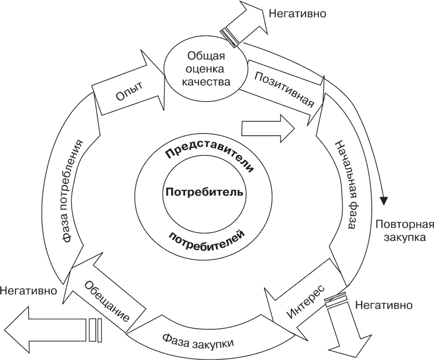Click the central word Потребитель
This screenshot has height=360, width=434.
pyautogui.click(x=205, y=192)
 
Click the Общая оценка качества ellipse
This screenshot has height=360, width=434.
pyautogui.click(x=205, y=69)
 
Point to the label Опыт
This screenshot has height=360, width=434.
pyautogui.click(x=129, y=92)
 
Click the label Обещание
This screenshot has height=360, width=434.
pyautogui.click(x=106, y=301)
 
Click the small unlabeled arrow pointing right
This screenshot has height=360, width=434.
pyautogui.click(x=268, y=128)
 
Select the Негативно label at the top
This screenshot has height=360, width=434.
pyautogui.click(x=297, y=14)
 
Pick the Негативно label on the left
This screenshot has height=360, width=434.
pyautogui.click(x=29, y=291)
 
